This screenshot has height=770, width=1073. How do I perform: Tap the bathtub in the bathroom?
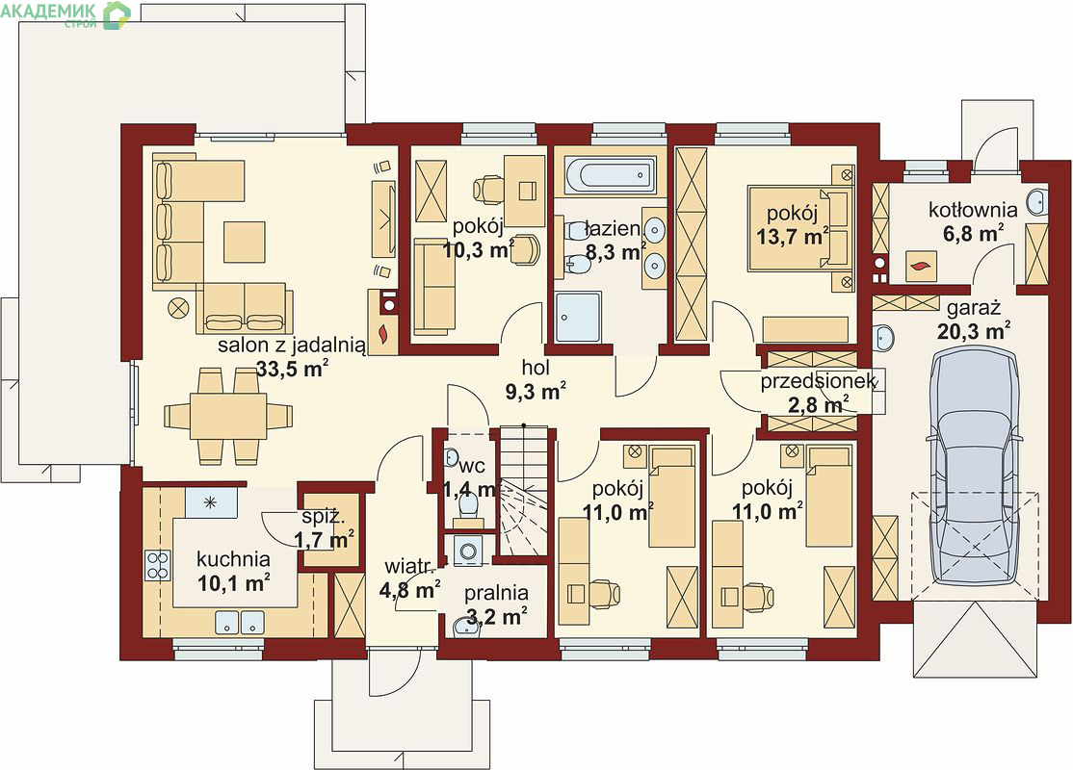pyautogui.click(x=610, y=173)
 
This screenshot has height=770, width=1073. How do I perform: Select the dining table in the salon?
pyautogui.click(x=228, y=415)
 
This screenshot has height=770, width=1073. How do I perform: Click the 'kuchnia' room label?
pyautogui.click(x=233, y=559)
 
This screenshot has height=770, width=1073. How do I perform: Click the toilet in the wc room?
pyautogui.click(x=468, y=504)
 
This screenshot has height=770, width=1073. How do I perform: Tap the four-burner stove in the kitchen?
pyautogui.click(x=157, y=565)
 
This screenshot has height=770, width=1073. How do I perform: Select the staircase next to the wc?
pyautogui.click(x=524, y=490)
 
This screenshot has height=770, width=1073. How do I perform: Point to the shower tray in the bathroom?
pyautogui.click(x=579, y=317)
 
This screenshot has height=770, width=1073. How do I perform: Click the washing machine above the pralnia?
pyautogui.click(x=468, y=551)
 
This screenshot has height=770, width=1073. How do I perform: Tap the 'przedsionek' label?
pyautogui.click(x=819, y=381)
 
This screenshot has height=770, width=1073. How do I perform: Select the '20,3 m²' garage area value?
pyautogui.click(x=978, y=332)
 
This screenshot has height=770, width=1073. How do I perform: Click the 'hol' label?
pyautogui.click(x=536, y=368)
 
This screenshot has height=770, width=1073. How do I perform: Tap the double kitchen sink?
pyautogui.click(x=240, y=622)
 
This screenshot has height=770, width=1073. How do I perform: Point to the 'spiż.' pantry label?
pyautogui.click(x=322, y=518)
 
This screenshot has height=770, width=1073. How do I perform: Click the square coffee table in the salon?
pyautogui.click(x=244, y=242)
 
